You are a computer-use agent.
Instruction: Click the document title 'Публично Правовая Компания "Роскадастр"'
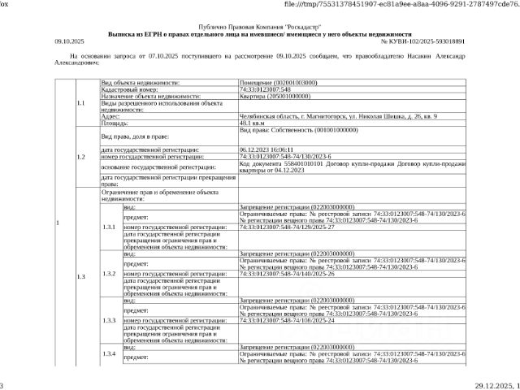click(260, 27)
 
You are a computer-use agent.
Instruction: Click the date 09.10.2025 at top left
click(69, 40)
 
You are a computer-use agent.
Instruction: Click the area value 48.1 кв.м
click(253, 123)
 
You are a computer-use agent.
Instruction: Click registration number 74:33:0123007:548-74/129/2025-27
click(288, 227)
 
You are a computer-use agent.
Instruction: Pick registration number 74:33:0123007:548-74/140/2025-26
click(288, 274)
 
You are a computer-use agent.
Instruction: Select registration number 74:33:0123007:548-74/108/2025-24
click(288, 320)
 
